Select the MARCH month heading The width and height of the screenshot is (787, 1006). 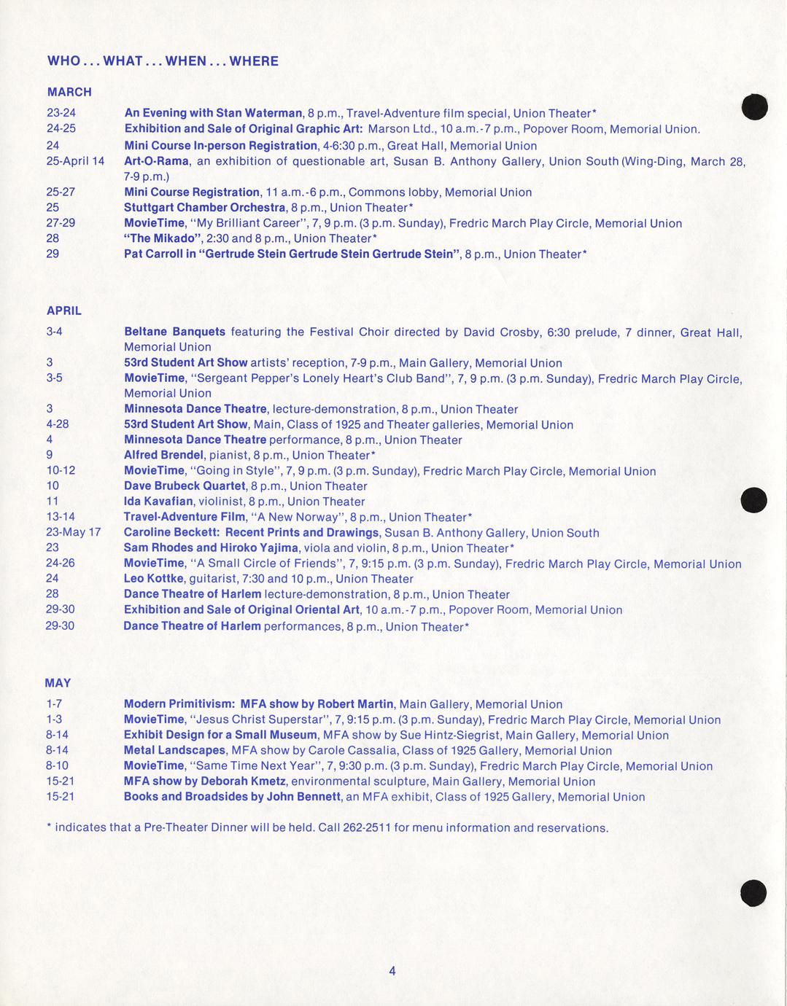click(69, 92)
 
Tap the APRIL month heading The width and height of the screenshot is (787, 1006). click(64, 311)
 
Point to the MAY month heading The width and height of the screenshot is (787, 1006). click(58, 683)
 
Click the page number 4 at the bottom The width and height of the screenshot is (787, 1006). click(392, 970)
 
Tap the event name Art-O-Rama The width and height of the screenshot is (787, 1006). click(156, 161)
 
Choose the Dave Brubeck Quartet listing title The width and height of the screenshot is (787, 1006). click(185, 486)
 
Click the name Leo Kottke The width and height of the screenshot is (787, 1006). click(153, 579)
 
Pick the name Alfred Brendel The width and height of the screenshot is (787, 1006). click(163, 456)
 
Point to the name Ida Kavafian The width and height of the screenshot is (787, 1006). click(158, 502)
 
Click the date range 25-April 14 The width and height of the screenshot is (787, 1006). click(75, 161)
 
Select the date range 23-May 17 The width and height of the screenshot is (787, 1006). click(73, 532)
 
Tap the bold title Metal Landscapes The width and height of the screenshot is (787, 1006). click(174, 751)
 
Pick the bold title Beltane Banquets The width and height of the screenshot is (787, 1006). click(174, 332)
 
